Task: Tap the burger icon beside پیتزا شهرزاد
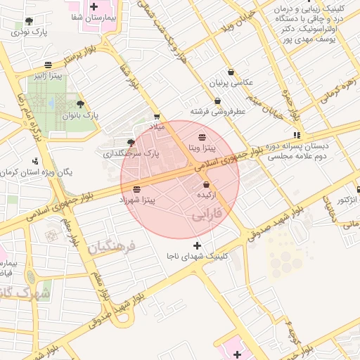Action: (136, 189)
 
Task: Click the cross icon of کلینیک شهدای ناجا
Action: (196, 246)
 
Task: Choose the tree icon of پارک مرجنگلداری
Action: (131, 143)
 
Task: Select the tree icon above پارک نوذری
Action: (28, 22)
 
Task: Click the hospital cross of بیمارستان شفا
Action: (93, 6)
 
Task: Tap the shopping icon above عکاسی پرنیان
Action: (231, 72)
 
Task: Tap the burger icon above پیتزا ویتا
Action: (202, 136)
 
